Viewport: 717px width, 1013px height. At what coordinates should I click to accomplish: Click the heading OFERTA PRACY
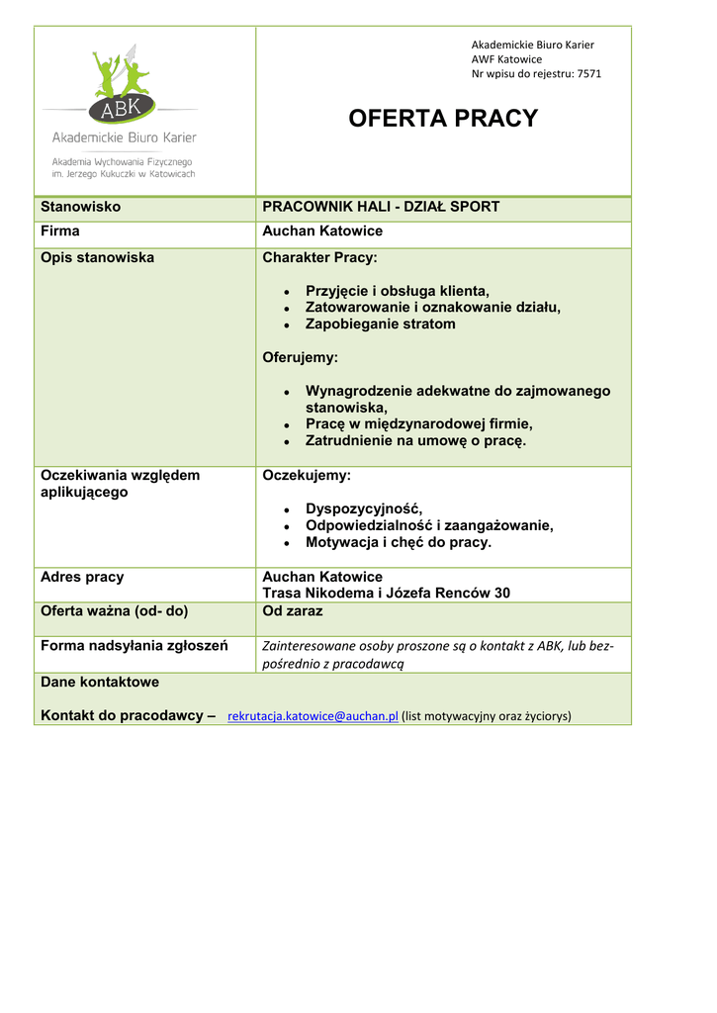tap(443, 119)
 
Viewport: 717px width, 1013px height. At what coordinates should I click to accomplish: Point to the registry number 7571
tap(588, 73)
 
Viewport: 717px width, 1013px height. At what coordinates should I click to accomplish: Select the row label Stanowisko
tap(80, 207)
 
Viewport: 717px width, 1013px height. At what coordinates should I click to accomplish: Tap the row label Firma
tap(60, 230)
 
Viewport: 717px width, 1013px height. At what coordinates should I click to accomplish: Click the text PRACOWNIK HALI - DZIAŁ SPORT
tap(381, 207)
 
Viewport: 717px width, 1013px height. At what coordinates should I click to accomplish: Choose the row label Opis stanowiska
tap(97, 257)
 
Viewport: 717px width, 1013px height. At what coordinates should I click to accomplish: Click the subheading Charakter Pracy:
tap(319, 257)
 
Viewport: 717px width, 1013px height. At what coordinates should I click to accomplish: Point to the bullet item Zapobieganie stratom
tap(380, 323)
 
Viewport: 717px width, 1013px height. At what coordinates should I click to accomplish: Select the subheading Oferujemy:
tap(300, 357)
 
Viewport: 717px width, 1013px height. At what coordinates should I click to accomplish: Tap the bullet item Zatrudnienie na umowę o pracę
tap(415, 440)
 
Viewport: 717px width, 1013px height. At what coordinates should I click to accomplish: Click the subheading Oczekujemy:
tap(307, 475)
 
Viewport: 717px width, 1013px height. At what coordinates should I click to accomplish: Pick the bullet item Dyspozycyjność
tap(363, 508)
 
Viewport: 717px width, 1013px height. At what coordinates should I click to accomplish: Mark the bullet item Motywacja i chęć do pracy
tap(398, 542)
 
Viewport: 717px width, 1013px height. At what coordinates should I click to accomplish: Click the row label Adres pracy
tap(82, 576)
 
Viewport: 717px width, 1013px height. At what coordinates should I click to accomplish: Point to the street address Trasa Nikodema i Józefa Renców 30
tap(386, 593)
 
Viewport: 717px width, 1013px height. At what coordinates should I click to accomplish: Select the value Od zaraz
tap(293, 611)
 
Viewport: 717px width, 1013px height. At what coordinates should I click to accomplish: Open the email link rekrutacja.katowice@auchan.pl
tap(313, 716)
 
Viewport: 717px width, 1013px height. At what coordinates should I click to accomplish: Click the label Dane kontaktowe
tap(100, 682)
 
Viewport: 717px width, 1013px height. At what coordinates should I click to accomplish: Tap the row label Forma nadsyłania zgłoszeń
tap(134, 646)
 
